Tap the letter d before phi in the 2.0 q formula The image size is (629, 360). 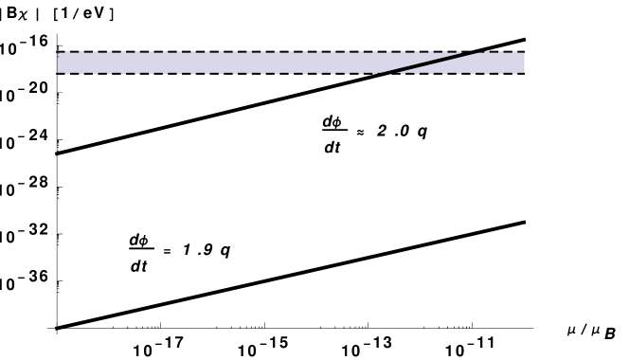327,121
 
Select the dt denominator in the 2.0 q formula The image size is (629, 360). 332,147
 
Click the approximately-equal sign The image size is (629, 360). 360,132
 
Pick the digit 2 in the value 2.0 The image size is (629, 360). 382,131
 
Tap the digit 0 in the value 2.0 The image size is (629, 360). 404,131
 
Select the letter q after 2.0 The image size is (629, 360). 422,132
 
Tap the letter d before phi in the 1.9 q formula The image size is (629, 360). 134,240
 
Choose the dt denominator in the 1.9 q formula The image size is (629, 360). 138,266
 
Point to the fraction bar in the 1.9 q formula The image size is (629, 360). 140,249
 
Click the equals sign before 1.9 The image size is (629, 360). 167,251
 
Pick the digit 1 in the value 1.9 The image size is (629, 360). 188,250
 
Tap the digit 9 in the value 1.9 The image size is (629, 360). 207,250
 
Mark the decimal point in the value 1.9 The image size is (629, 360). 198,255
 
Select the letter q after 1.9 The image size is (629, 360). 225,251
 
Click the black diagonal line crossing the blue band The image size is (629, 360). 426,63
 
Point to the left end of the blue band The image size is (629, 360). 61,63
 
